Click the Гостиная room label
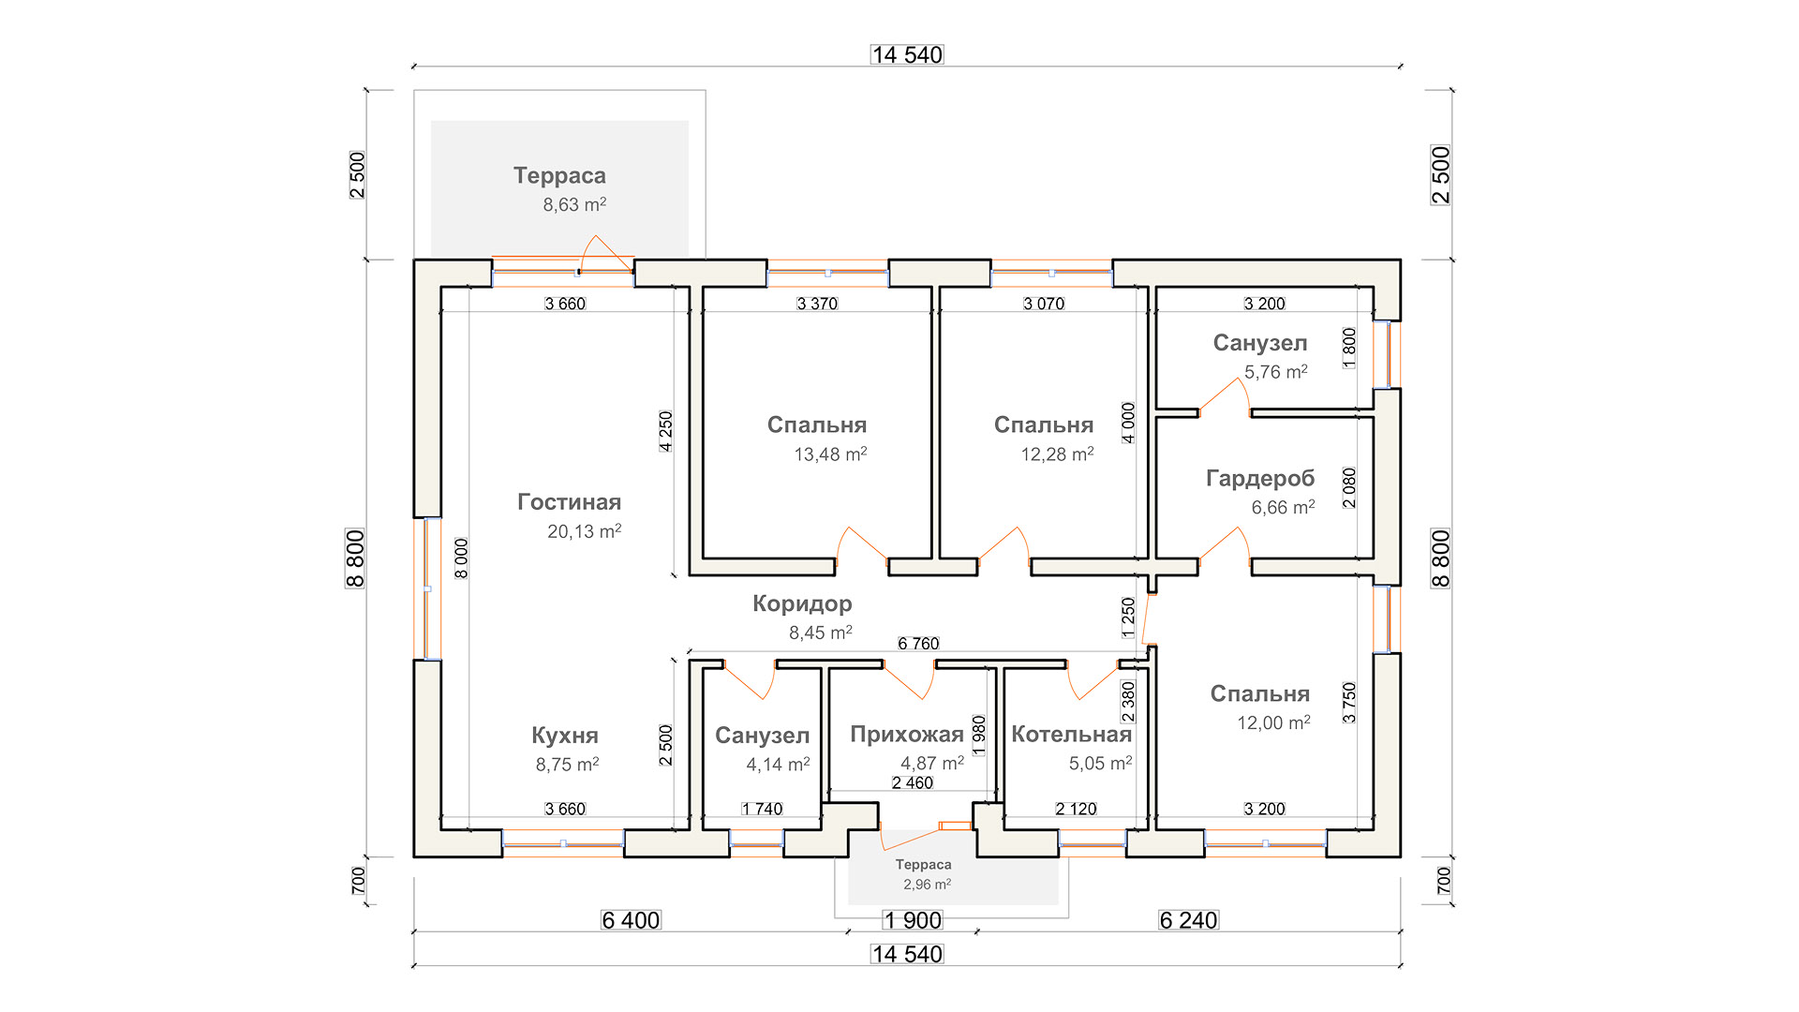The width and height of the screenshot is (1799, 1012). coord(569,502)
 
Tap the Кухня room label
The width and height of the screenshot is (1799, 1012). coord(564,736)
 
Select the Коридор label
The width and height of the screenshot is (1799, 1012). coord(802,603)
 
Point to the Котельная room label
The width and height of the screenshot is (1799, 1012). coord(1071,735)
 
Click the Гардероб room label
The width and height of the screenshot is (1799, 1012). coord(1260,479)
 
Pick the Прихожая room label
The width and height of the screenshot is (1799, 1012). coord(906,735)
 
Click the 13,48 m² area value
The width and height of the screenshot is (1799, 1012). coord(830,454)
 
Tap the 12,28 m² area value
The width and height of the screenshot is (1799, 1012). coord(1057,454)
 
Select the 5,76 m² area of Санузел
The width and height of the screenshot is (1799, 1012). coord(1275,372)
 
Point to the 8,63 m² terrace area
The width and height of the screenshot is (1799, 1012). coord(574,204)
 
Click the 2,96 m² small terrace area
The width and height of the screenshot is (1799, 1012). coord(927,885)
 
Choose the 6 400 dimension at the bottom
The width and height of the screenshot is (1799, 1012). coord(631,920)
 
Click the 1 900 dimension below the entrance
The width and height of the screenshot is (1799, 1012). coord(913,920)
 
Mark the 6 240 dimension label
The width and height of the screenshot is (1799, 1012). coord(1188,920)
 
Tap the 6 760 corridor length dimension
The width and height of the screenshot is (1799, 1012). coord(918,644)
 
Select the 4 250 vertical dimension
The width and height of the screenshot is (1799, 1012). coord(665,431)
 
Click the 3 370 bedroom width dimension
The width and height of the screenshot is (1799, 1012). coord(817,304)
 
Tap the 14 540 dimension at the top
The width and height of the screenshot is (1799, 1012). coord(907,55)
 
